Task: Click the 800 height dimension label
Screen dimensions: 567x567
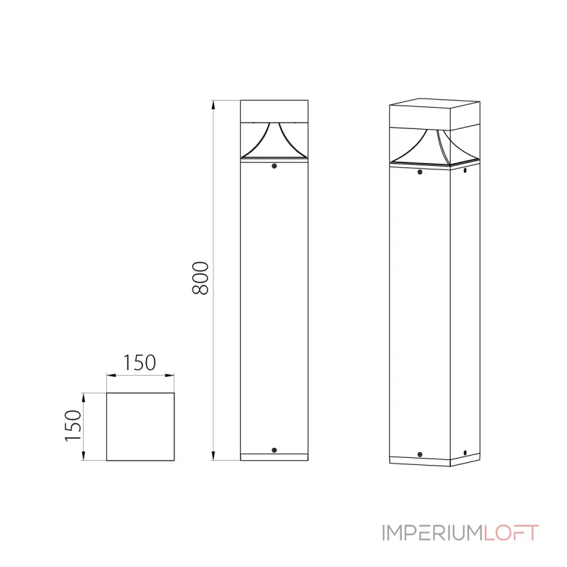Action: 201,279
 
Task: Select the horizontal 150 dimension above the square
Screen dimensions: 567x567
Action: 140,363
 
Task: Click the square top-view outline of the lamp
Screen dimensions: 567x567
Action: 140,427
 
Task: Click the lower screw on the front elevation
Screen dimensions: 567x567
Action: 274,450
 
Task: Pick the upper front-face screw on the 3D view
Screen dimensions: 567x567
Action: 420,172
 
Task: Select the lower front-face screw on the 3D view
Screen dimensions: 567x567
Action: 420,456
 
